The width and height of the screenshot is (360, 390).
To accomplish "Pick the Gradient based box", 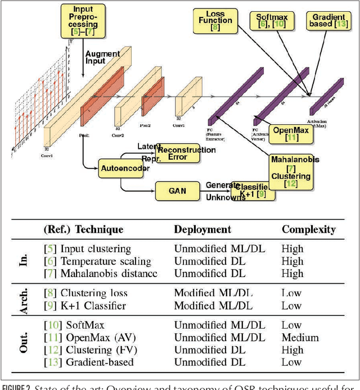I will point(326,21).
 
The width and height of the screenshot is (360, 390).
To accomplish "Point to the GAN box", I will point(174,191).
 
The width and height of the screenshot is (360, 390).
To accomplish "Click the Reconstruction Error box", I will point(178,153).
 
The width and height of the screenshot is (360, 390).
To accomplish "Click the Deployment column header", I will point(202,230).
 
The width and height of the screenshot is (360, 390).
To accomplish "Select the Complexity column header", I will point(309,230).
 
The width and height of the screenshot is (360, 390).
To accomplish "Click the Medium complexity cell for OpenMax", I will point(300,337).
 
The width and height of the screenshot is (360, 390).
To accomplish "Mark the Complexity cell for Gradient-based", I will point(291,362).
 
